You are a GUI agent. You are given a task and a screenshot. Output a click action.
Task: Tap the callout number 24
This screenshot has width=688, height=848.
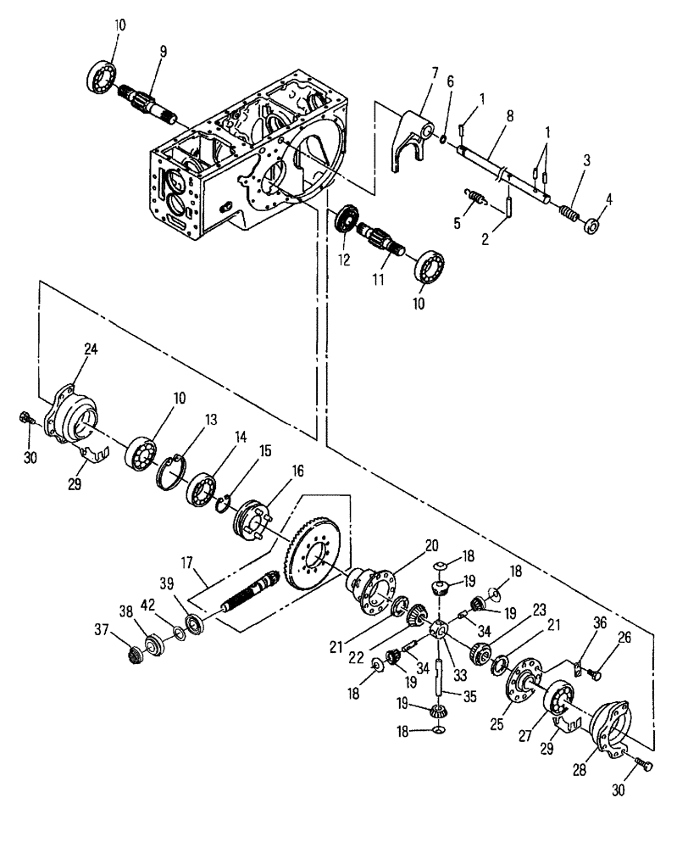pyautogui.click(x=91, y=348)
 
